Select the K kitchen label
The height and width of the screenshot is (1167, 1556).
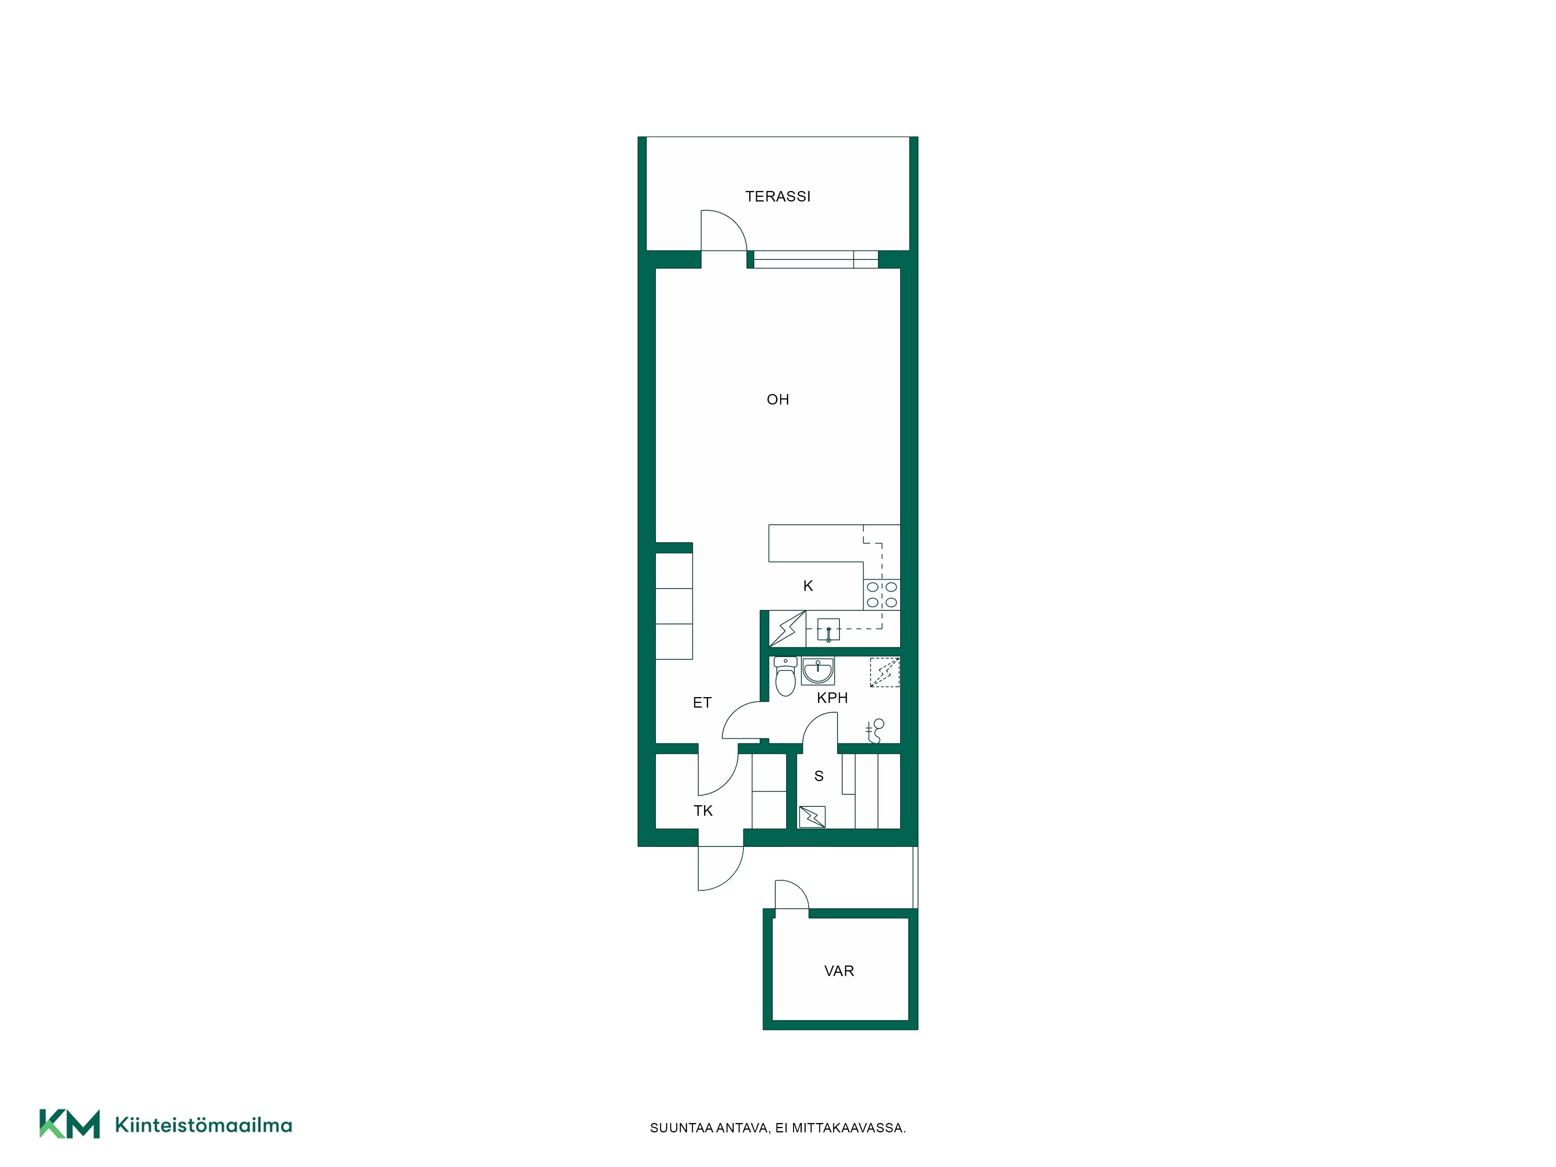pyautogui.click(x=808, y=586)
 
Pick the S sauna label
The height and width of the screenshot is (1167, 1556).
pyautogui.click(x=819, y=776)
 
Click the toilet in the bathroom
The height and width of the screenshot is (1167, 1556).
pyautogui.click(x=785, y=676)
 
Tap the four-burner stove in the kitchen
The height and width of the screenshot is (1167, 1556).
pyautogui.click(x=881, y=594)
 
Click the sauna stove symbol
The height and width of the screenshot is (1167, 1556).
pyautogui.click(x=812, y=817)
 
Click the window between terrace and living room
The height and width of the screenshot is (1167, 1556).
pyautogui.click(x=813, y=259)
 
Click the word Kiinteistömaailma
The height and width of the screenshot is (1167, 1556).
pyautogui.click(x=203, y=1125)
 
